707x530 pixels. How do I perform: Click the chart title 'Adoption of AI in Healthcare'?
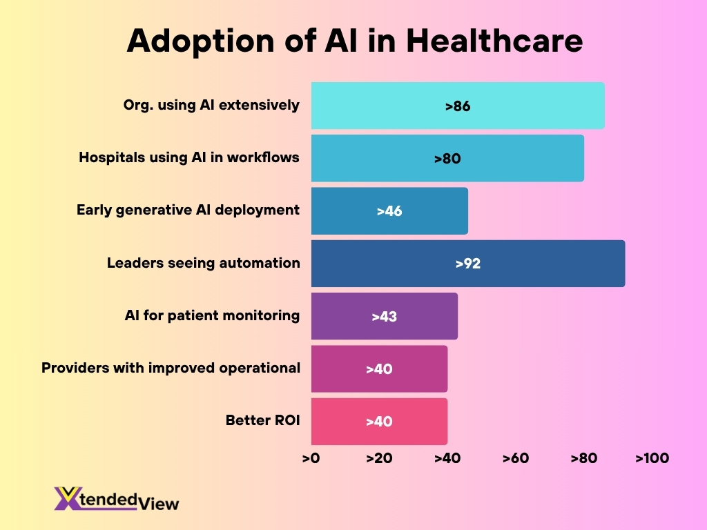pyautogui.click(x=355, y=41)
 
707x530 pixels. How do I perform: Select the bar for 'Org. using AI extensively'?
pyautogui.click(x=457, y=106)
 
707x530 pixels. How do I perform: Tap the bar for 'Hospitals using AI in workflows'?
pyautogui.click(x=447, y=158)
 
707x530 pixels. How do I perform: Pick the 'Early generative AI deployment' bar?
pyautogui.click(x=389, y=210)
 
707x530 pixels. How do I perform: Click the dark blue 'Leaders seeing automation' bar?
pyautogui.click(x=467, y=264)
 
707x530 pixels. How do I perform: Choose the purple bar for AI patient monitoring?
pyautogui.click(x=384, y=316)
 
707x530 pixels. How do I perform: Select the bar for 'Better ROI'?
pyautogui.click(x=379, y=421)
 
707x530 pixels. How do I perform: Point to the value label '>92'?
pyautogui.click(x=467, y=264)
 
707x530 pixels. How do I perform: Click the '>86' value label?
pyautogui.click(x=457, y=106)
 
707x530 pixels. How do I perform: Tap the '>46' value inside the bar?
pyautogui.click(x=389, y=211)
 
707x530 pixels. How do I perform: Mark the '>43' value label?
pyautogui.click(x=384, y=317)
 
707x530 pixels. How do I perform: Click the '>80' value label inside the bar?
pyautogui.click(x=447, y=159)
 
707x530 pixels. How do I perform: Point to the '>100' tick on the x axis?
pyautogui.click(x=652, y=458)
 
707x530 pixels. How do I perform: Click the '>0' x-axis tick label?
pyautogui.click(x=311, y=458)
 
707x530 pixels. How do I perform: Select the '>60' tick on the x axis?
pyautogui.click(x=516, y=458)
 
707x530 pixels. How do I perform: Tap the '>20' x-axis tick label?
pyautogui.click(x=379, y=458)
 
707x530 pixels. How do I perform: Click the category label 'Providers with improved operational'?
pyautogui.click(x=171, y=368)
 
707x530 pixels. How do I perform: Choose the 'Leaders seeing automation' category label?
pyautogui.click(x=203, y=263)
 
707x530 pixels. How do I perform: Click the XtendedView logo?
pyautogui.click(x=117, y=498)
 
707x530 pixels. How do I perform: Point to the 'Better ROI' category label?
pyautogui.click(x=262, y=420)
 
